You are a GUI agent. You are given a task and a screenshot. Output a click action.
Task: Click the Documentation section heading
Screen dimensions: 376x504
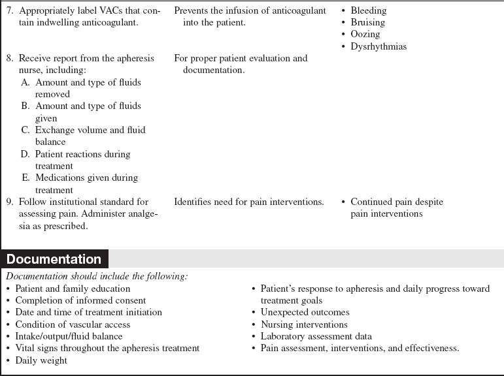pyautogui.click(x=54, y=259)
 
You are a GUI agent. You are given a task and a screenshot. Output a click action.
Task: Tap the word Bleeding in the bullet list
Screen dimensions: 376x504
pyautogui.click(x=368, y=10)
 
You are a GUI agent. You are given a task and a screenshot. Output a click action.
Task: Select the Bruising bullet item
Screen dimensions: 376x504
pyautogui.click(x=368, y=22)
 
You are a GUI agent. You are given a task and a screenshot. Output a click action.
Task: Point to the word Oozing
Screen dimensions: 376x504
pyautogui.click(x=365, y=34)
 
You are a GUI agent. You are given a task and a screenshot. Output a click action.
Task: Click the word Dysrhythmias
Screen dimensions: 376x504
pyautogui.click(x=378, y=46)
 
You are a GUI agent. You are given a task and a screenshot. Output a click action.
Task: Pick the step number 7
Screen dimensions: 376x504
pyautogui.click(x=9, y=10)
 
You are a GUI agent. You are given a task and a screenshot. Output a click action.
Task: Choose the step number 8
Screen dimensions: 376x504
pyautogui.click(x=9, y=58)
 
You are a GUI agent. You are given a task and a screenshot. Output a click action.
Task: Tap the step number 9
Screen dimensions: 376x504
pyautogui.click(x=9, y=202)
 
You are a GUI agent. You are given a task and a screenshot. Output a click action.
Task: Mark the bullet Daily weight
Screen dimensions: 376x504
pyautogui.click(x=42, y=360)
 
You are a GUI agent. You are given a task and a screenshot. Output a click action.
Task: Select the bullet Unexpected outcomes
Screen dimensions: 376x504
pyautogui.click(x=305, y=312)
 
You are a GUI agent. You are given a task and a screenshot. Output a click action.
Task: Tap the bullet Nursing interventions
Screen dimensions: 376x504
pyautogui.click(x=304, y=324)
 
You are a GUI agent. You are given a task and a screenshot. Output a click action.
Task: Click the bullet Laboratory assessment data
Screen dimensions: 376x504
pyautogui.click(x=316, y=336)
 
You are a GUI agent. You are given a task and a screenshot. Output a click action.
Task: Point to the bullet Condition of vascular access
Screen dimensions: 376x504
pyautogui.click(x=73, y=324)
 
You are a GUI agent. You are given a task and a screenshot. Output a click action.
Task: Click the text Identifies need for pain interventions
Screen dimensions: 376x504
pyautogui.click(x=248, y=202)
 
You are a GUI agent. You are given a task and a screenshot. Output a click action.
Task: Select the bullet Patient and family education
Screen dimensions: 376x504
pyautogui.click(x=73, y=289)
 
